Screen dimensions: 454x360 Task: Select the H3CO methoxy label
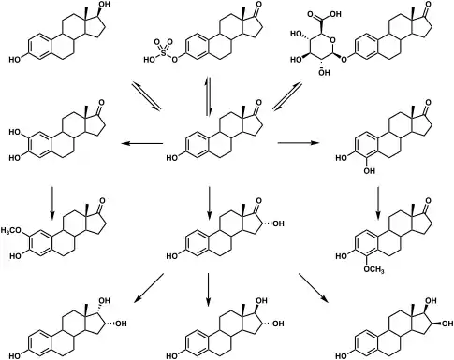pos(11,231)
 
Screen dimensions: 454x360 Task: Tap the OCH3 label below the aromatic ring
pos(374,269)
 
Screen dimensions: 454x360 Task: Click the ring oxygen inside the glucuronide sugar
pos(333,39)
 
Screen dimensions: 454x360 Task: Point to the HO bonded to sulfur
pos(149,60)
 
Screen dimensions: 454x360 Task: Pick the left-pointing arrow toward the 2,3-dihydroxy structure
pos(142,143)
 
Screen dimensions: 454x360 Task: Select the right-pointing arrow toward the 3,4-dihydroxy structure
pos(299,143)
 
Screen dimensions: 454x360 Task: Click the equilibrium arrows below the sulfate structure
pos(208,96)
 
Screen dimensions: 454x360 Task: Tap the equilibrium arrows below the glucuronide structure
pos(287,96)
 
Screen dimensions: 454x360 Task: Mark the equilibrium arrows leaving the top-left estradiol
pos(146,96)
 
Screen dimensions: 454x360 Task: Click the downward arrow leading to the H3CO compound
pos(52,203)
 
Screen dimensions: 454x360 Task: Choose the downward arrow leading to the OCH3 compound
pos(378,203)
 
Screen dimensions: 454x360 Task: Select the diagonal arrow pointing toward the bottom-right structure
pos(314,288)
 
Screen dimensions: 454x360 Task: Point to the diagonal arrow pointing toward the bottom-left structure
pos(149,288)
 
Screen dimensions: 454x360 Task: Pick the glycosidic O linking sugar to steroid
pos(344,59)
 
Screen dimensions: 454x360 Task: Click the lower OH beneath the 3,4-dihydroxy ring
pos(370,170)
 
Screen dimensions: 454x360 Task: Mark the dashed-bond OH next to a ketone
pos(279,223)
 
